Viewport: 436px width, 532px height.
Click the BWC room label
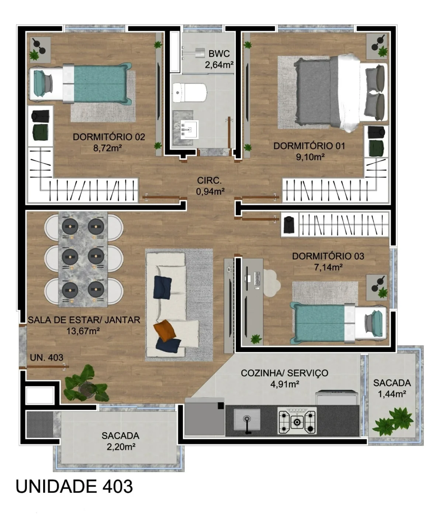pyautogui.click(x=219, y=54)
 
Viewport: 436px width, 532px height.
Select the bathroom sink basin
pyautogui.click(x=189, y=129)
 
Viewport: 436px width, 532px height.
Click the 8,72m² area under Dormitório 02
pyautogui.click(x=108, y=148)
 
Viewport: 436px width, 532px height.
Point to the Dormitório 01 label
pyautogui.click(x=309, y=146)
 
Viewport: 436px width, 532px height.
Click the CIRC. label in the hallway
pyautogui.click(x=209, y=180)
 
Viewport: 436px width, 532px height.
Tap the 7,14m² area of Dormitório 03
pyautogui.click(x=328, y=267)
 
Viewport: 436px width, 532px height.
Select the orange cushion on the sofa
pyautogui.click(x=165, y=330)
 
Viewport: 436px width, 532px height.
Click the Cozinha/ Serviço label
pyautogui.click(x=284, y=373)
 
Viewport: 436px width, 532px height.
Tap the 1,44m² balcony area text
pyautogui.click(x=392, y=394)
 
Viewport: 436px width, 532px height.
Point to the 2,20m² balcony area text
pyautogui.click(x=121, y=447)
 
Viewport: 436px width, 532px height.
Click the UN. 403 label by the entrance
pyautogui.click(x=46, y=357)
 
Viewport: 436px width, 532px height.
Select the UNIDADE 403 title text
pyautogui.click(x=74, y=486)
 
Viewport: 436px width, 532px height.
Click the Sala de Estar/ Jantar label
pyautogui.click(x=84, y=320)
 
